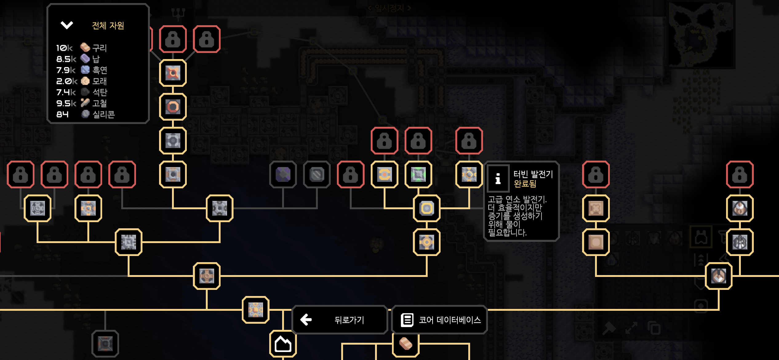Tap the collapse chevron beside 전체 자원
(x=66, y=25)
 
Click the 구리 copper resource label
(x=99, y=48)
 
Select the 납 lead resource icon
(x=85, y=58)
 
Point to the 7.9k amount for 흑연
(x=66, y=70)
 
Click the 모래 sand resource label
(x=99, y=81)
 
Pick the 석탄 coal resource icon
(x=85, y=92)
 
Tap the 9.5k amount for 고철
(x=66, y=103)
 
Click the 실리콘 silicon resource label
(x=104, y=114)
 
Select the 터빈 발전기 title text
(x=533, y=174)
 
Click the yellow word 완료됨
(x=525, y=184)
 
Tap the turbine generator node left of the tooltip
(x=469, y=174)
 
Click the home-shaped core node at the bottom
(x=283, y=344)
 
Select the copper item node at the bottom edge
(x=405, y=344)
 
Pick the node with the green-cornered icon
(x=418, y=174)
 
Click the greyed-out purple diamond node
(x=283, y=174)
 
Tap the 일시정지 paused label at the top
(x=389, y=8)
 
